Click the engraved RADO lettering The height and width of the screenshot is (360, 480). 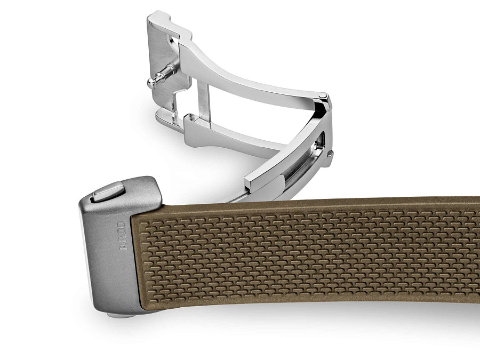pos(123,236)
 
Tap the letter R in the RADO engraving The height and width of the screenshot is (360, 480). pos(123,247)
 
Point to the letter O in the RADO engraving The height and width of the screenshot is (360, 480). pos(123,225)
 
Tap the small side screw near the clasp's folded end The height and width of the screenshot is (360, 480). pos(330,153)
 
